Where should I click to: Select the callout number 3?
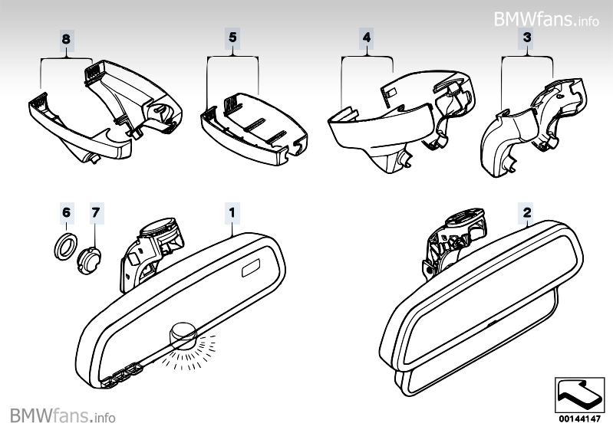(x=527, y=36)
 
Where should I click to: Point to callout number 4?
(x=367, y=36)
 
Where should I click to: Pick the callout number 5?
(x=232, y=36)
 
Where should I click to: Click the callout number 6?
(x=66, y=210)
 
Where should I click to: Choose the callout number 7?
(x=95, y=210)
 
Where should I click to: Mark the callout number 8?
(x=66, y=36)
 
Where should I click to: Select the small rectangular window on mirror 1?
(x=252, y=269)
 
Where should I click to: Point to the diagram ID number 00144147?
(x=580, y=419)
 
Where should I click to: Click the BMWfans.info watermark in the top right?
(x=546, y=18)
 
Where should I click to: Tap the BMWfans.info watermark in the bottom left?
(x=63, y=416)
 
